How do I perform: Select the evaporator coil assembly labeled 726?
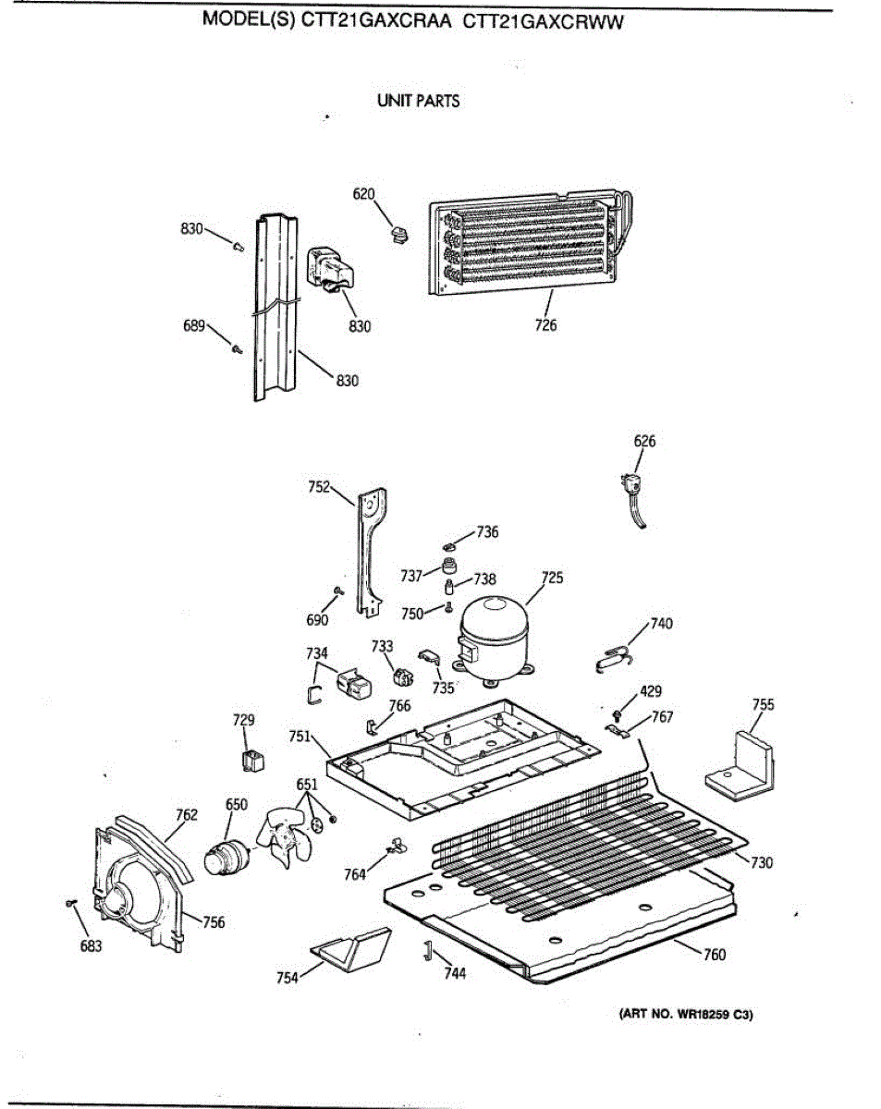click(x=522, y=245)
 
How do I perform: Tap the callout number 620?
click(x=364, y=194)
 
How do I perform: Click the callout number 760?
click(x=715, y=955)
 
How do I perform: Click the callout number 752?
click(x=320, y=486)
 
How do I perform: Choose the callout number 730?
click(x=762, y=862)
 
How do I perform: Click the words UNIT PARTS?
click(x=419, y=101)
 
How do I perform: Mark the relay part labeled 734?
click(x=352, y=684)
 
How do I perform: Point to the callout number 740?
click(x=662, y=623)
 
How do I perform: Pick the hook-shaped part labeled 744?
click(x=428, y=949)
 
